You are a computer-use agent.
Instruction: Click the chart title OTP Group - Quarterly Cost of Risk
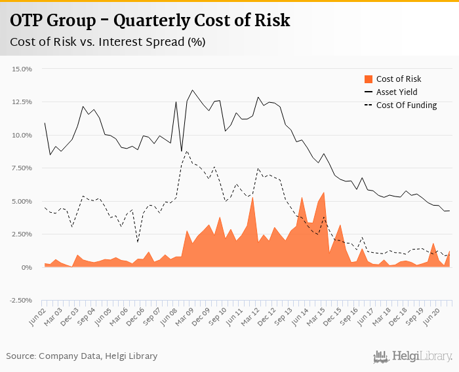tap(150, 21)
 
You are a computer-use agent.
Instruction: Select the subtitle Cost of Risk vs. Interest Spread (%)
tap(107, 43)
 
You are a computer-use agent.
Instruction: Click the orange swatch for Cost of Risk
tap(369, 79)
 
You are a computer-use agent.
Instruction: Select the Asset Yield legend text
tap(397, 92)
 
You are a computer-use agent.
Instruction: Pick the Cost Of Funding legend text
tap(407, 105)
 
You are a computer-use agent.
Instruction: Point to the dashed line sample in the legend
tap(369, 105)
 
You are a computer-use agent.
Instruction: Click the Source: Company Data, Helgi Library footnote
tap(82, 356)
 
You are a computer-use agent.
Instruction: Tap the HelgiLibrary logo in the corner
tap(412, 356)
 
